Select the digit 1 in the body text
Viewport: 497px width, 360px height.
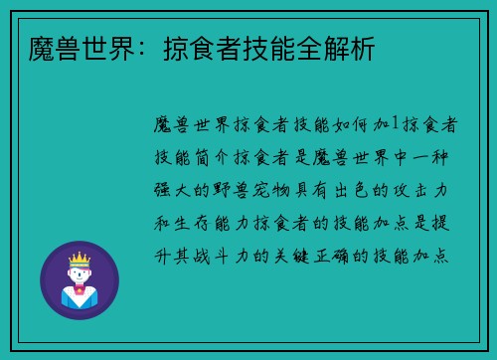click(395, 124)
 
